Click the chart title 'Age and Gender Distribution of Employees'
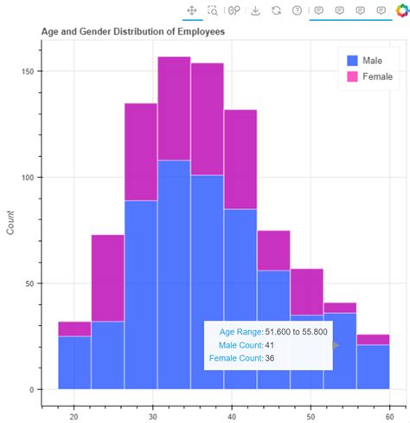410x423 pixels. tap(132, 31)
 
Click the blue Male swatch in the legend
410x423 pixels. tap(352, 61)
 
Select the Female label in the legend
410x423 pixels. tap(376, 76)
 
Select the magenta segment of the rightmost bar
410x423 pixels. tap(373, 340)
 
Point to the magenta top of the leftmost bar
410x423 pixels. tap(74, 329)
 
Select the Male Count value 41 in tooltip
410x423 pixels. tap(270, 345)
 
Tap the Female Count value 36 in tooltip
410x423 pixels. tap(270, 358)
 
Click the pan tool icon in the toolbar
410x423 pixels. tap(192, 10)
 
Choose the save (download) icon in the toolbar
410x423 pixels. tap(255, 10)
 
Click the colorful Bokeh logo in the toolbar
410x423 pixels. tap(400, 11)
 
